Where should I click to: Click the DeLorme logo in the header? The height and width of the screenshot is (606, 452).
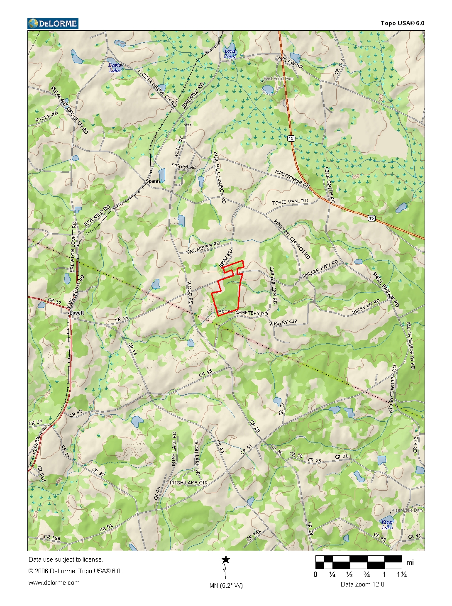point(53,24)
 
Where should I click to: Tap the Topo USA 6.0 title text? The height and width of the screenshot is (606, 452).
point(402,23)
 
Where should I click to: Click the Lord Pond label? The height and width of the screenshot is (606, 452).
point(230,54)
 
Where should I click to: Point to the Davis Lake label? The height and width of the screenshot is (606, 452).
point(115,68)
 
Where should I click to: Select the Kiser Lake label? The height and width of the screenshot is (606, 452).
point(387,525)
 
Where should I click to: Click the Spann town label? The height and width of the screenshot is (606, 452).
point(153,181)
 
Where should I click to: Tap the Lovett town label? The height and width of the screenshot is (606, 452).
point(77,313)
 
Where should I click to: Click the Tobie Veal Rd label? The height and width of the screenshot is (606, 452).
point(290,202)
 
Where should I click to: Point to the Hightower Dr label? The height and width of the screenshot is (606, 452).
point(292,178)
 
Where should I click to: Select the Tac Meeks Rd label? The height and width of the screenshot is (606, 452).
point(203,248)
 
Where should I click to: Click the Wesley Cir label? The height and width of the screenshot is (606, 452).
point(283,323)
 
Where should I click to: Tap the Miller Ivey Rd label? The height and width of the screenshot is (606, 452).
point(320,269)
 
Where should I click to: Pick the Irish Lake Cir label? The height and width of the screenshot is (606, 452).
point(188,483)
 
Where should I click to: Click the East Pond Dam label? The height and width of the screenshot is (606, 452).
point(279,78)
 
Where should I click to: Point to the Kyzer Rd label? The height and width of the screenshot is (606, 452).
point(47,117)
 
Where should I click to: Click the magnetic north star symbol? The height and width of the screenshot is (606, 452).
point(225,560)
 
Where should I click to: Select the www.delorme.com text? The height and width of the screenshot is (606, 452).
point(54,583)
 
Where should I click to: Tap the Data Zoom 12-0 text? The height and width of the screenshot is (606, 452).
point(362,584)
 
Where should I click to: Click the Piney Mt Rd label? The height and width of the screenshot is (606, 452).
point(366,306)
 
